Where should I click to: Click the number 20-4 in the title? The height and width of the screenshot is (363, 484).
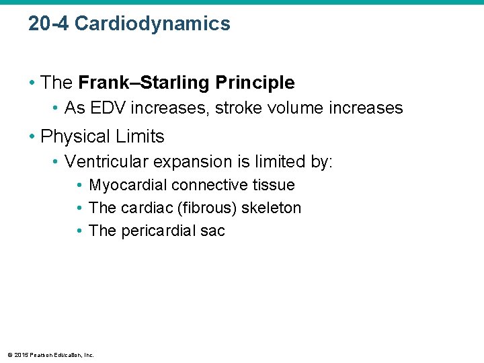[48, 24]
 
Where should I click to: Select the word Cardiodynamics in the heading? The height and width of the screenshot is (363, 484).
[153, 24]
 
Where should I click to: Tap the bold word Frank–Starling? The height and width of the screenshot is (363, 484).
[145, 83]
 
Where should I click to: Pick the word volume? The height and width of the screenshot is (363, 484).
[292, 108]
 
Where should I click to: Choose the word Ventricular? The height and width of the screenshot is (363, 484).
[107, 162]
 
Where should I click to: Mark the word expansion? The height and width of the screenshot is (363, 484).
[189, 162]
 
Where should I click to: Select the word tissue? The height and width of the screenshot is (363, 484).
[275, 186]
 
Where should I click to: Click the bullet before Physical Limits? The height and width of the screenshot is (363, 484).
[32, 137]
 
